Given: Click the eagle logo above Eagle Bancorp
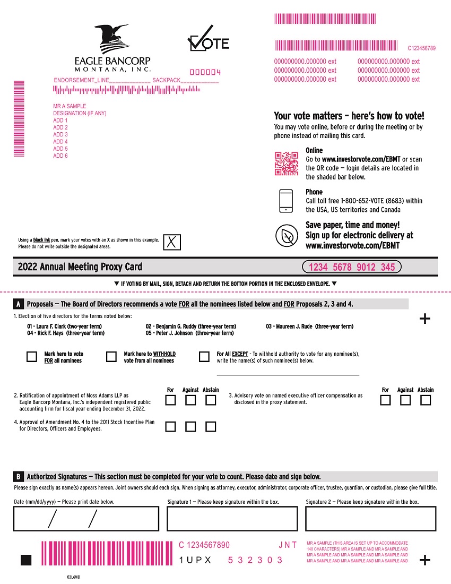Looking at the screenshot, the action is coord(112,38).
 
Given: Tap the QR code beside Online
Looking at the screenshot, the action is coord(287,163).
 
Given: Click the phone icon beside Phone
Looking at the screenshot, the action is coord(286,201).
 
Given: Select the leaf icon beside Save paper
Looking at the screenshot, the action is coord(287,236).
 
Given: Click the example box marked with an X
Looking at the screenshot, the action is coord(172,242).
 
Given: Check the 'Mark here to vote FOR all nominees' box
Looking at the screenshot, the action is coord(32,357).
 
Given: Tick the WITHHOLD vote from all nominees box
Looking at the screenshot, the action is coord(111,357).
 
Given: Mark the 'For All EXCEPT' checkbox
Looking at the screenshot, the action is coord(204,357).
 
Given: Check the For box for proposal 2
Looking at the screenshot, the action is coord(170,400).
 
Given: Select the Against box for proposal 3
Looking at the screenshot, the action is coord(405,400).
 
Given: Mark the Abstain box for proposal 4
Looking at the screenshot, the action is coord(211,427).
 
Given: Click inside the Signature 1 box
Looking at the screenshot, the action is coord(232,519).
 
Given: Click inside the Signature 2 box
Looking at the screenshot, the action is coord(371,519).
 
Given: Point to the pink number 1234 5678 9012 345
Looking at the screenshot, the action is coord(352,267).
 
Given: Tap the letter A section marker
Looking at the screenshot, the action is coord(18,304).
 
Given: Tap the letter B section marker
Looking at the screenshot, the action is coord(18,477).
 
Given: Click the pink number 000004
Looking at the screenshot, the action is coord(205,72).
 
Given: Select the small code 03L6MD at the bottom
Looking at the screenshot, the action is coord(73,577).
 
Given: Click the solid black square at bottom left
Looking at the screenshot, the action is coord(26,560).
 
